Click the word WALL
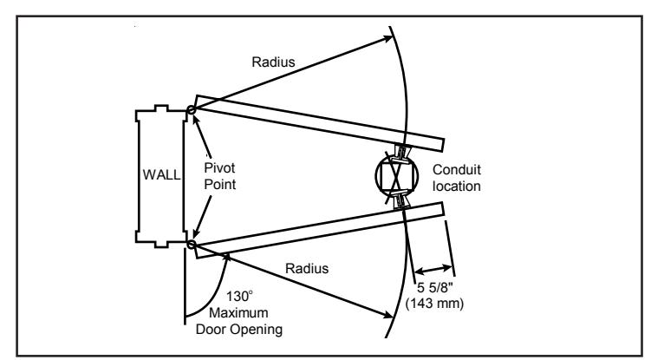(x=161, y=174)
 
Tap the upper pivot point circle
(x=191, y=110)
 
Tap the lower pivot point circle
(x=191, y=245)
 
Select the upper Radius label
(x=273, y=62)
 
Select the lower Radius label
(x=307, y=269)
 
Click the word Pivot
(x=219, y=168)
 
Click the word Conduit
(x=457, y=170)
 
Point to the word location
(x=457, y=187)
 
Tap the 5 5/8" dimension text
(x=434, y=287)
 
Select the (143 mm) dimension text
(x=434, y=304)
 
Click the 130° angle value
(x=239, y=297)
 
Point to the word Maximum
(x=238, y=312)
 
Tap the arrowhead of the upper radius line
(x=387, y=38)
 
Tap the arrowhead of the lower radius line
(x=387, y=315)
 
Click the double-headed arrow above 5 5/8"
(x=433, y=270)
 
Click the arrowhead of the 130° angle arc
(x=227, y=257)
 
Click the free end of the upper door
(x=443, y=146)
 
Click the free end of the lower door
(x=443, y=209)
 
